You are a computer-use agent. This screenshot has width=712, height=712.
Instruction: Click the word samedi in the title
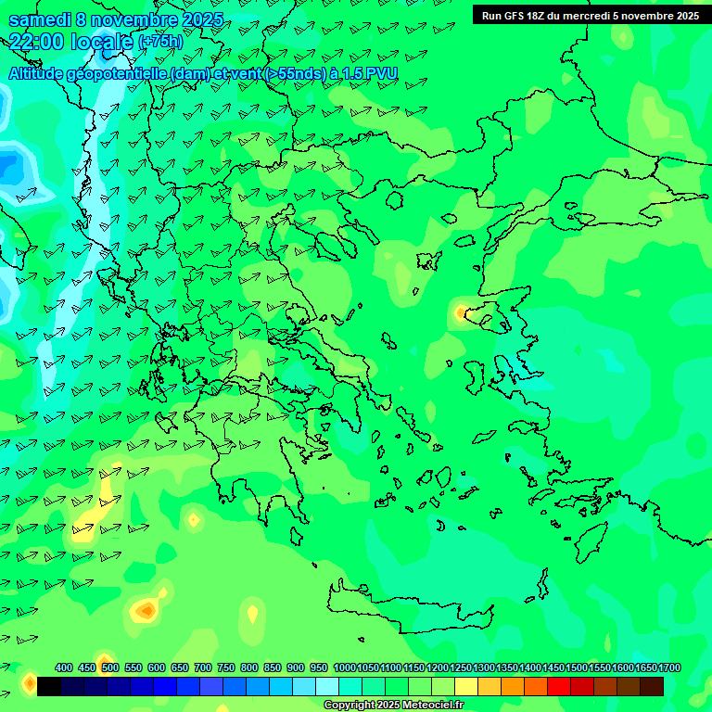point(41,19)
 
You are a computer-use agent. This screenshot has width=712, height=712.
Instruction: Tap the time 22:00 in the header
point(37,42)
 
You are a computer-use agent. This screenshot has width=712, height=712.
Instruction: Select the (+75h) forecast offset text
point(159,42)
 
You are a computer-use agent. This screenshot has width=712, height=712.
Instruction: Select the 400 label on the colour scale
point(64,667)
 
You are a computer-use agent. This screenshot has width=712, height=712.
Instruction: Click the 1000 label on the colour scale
point(344,667)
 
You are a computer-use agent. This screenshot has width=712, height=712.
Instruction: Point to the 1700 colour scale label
point(668,667)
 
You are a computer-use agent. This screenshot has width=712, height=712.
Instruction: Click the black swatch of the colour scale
point(49,686)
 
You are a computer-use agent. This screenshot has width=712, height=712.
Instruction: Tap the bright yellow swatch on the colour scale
point(466,686)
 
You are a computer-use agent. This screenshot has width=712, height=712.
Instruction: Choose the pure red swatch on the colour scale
point(559,686)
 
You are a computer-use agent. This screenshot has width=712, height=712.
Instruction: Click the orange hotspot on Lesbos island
point(462,312)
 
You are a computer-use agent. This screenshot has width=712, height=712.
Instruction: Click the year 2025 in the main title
point(197,19)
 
